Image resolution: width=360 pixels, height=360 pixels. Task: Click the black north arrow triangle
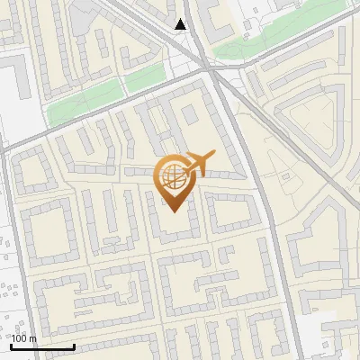181,24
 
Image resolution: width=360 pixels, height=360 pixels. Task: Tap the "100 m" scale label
24,337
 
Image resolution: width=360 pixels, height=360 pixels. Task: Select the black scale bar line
42,346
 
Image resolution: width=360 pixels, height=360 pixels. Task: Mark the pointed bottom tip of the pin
174,211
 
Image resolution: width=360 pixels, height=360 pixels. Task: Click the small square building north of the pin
189,115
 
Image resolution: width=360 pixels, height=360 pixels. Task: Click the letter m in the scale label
32,337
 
